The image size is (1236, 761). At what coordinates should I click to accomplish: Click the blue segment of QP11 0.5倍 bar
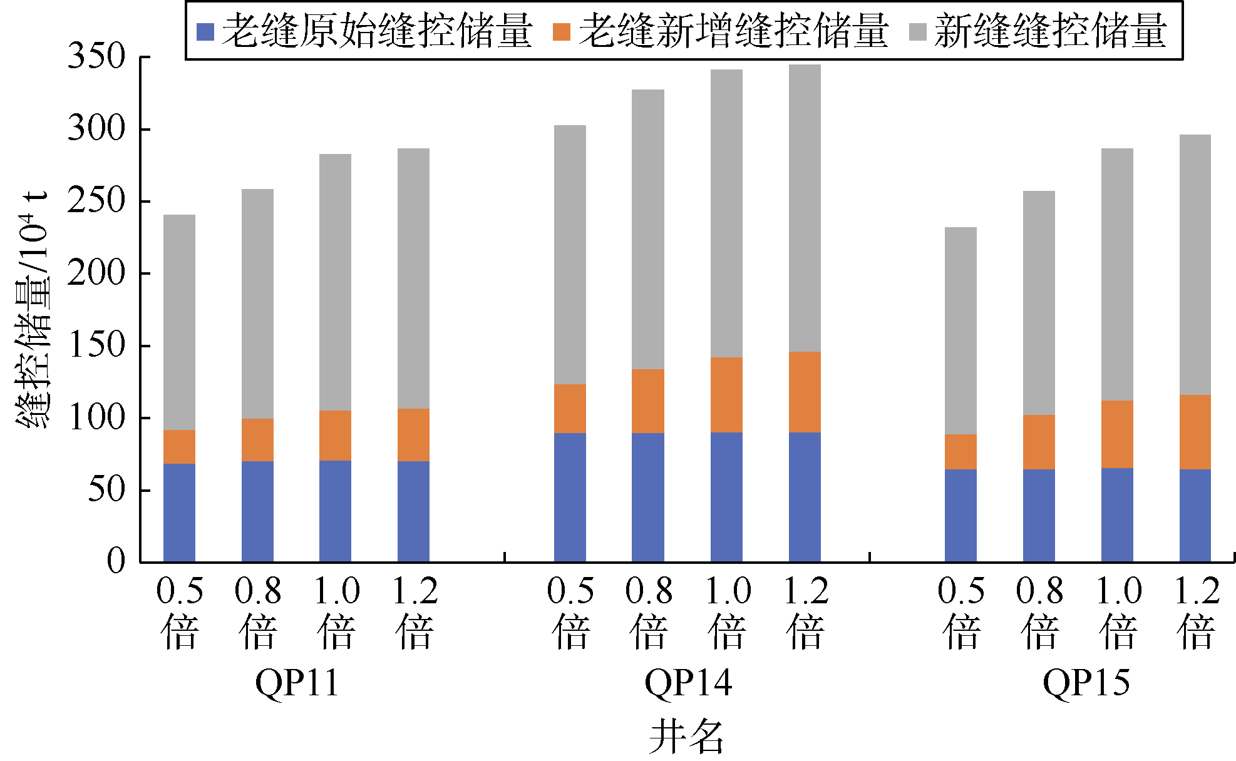click(179, 513)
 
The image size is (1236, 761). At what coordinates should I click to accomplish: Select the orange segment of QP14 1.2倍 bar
click(805, 392)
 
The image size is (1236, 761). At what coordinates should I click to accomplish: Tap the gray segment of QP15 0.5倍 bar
click(960, 330)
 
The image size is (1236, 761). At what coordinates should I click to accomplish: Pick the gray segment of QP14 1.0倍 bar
click(726, 213)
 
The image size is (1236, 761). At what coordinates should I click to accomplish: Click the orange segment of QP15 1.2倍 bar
click(1195, 432)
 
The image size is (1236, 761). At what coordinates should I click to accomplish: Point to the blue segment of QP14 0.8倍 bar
click(648, 497)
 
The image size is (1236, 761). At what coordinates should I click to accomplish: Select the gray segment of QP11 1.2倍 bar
click(413, 278)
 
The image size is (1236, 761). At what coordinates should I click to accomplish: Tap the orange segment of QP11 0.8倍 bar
click(257, 440)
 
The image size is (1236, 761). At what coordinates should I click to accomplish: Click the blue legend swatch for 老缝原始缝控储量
click(205, 32)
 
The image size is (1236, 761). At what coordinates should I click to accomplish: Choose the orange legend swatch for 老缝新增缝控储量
click(562, 32)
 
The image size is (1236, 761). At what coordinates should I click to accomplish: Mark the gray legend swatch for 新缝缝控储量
click(918, 32)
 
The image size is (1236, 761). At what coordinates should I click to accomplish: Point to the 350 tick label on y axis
click(97, 56)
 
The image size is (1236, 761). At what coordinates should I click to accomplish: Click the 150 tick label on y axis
click(97, 345)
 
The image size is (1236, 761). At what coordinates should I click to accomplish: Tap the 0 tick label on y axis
click(116, 561)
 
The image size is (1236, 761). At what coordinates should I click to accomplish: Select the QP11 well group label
click(297, 683)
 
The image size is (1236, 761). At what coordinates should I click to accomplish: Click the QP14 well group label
click(688, 683)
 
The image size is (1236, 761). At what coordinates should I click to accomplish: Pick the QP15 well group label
click(1086, 683)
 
